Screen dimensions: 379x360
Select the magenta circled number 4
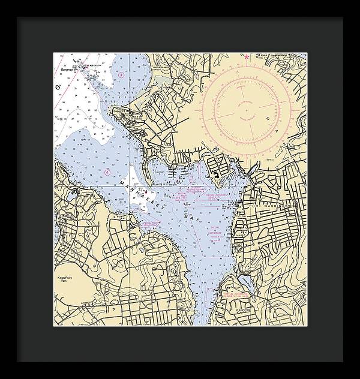click(107, 172)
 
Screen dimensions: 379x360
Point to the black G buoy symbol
click(58, 88)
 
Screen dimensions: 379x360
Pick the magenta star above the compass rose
click(246, 57)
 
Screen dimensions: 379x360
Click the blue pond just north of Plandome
click(244, 281)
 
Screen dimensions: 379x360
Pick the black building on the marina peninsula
click(214, 175)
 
